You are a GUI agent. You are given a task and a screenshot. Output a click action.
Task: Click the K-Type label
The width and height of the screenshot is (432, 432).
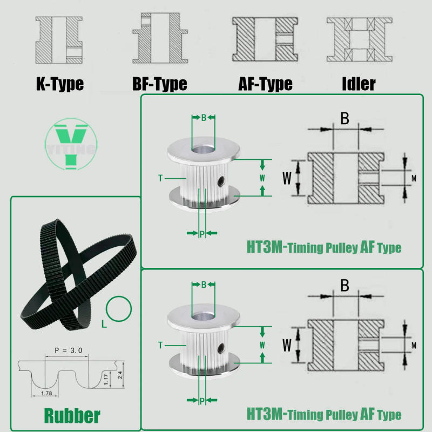(59, 84)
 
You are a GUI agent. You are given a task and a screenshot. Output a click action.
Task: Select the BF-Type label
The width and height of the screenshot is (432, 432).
(160, 84)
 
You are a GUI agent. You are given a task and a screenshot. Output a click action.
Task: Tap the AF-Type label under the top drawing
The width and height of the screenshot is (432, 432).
(265, 84)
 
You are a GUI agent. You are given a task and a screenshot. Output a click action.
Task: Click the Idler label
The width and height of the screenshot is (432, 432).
(359, 84)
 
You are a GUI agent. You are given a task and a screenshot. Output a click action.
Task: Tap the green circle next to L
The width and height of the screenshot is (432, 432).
(119, 309)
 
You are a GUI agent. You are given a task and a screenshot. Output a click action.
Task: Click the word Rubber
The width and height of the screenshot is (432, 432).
(72, 415)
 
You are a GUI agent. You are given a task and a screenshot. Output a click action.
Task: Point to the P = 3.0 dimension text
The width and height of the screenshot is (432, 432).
(68, 350)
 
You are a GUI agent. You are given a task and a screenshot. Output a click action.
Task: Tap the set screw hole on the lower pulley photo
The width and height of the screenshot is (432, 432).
(221, 346)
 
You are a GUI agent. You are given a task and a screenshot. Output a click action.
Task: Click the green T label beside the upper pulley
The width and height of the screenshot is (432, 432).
(160, 178)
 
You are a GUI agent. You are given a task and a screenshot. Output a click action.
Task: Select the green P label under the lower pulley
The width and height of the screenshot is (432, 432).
(202, 400)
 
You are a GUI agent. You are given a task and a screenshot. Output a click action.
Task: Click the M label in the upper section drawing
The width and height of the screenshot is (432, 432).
(414, 178)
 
